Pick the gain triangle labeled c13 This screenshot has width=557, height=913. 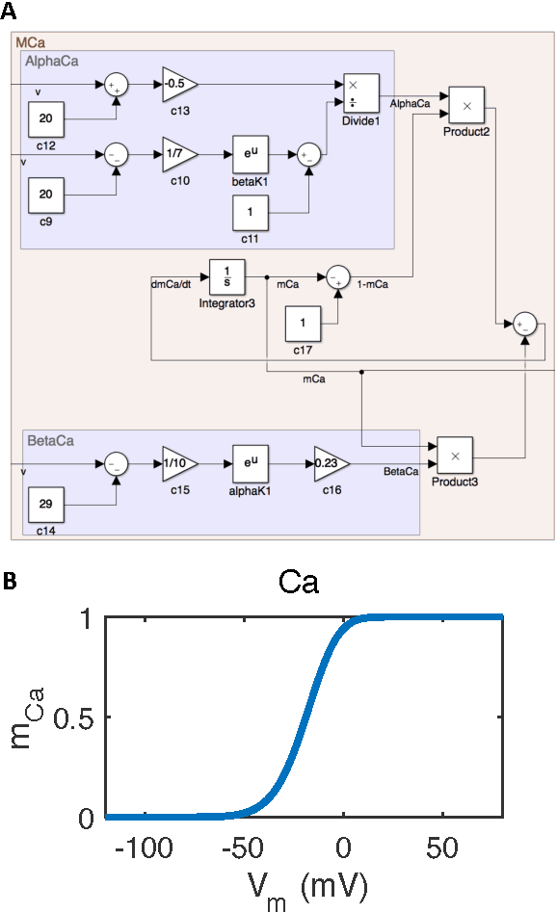(x=179, y=85)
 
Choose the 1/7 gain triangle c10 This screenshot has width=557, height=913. (x=179, y=153)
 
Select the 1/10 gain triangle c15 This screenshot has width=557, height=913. (x=179, y=463)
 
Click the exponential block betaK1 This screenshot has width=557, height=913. (x=252, y=153)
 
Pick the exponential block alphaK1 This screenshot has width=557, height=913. (x=252, y=463)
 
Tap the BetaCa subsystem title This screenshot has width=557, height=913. (x=54, y=441)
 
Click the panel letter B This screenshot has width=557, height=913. (x=9, y=582)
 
